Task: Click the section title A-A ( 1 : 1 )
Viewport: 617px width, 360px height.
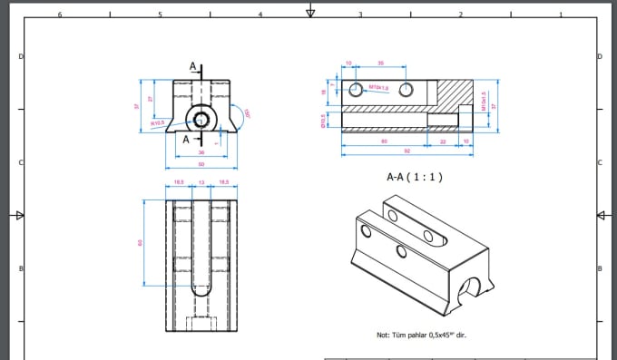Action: point(414,177)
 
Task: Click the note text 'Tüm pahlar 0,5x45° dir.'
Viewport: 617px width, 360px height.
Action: point(421,336)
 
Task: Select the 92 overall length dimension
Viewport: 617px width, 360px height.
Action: point(407,151)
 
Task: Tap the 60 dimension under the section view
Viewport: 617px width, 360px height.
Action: point(384,141)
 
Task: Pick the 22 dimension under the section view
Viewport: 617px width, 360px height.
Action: point(443,141)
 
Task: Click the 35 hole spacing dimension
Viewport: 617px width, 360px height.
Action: point(379,63)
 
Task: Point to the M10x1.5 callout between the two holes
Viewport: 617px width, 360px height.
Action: point(379,88)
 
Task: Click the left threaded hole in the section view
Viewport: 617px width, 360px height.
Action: point(354,88)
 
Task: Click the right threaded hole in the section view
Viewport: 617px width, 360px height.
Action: point(406,88)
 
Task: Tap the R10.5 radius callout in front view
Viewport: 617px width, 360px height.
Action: point(157,122)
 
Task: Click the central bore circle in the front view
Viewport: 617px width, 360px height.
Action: point(201,119)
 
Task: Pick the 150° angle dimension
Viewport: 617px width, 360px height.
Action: point(246,113)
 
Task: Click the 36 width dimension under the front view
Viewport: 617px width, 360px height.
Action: point(201,152)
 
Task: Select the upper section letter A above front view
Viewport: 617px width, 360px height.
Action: point(192,66)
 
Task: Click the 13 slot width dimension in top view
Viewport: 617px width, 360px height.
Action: point(201,183)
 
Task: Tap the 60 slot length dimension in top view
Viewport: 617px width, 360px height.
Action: point(140,242)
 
